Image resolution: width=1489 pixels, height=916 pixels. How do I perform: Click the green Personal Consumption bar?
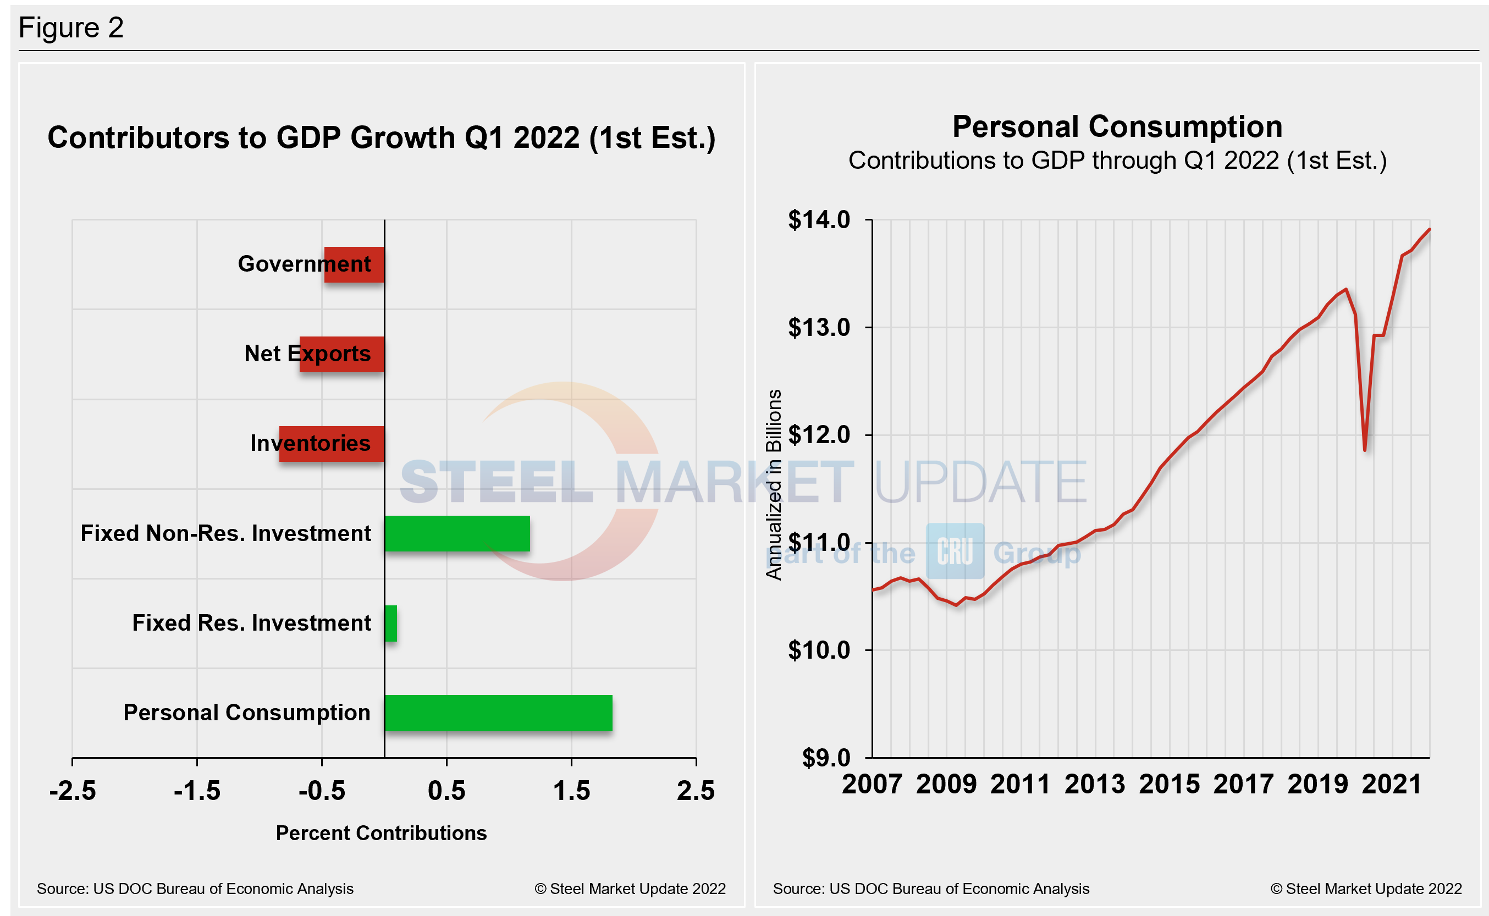pyautogui.click(x=498, y=713)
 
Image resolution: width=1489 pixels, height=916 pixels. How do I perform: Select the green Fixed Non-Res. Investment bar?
pyautogui.click(x=457, y=534)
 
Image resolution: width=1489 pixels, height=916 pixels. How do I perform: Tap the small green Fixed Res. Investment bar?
pyautogui.click(x=391, y=623)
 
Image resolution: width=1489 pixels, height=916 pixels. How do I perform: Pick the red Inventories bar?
pyautogui.click(x=332, y=444)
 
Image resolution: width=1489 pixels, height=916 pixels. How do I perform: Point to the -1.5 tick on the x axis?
pyautogui.click(x=197, y=791)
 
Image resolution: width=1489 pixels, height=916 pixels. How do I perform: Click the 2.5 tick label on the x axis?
pyautogui.click(x=696, y=791)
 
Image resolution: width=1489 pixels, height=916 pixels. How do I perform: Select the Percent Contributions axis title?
pyautogui.click(x=381, y=833)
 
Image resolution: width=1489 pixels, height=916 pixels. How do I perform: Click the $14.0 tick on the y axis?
pyautogui.click(x=819, y=220)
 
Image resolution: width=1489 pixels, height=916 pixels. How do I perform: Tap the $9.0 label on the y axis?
pyautogui.click(x=826, y=758)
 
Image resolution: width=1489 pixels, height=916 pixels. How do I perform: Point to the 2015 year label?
pyautogui.click(x=1169, y=785)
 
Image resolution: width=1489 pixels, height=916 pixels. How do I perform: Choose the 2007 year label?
pyautogui.click(x=872, y=785)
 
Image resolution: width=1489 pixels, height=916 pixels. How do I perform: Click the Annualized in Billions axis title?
pyautogui.click(x=774, y=484)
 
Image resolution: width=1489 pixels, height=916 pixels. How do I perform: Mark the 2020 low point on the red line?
pyautogui.click(x=1365, y=450)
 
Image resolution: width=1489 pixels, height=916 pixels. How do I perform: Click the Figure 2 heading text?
pyautogui.click(x=71, y=28)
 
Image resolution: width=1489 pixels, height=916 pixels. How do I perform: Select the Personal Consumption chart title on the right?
pyautogui.click(x=1117, y=127)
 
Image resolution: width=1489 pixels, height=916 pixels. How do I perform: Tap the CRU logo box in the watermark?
pyautogui.click(x=955, y=551)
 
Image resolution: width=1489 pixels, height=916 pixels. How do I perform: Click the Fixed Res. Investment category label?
pyautogui.click(x=251, y=623)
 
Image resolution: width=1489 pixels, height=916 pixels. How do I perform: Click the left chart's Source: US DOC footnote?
pyautogui.click(x=195, y=889)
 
